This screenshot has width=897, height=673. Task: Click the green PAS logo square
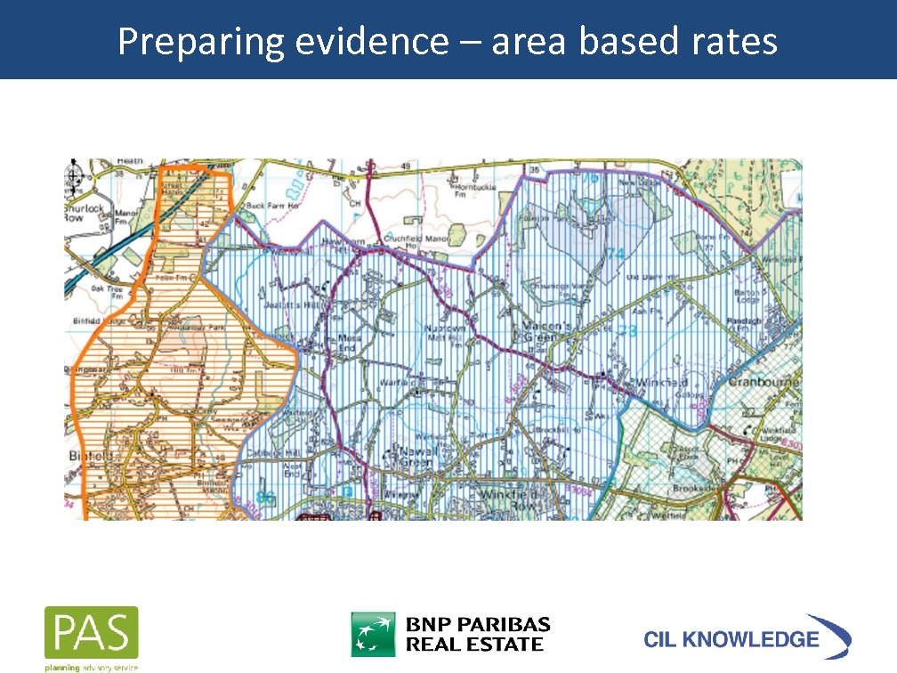point(92,633)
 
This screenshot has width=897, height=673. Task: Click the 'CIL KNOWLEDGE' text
point(731,638)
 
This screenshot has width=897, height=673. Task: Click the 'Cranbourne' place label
point(764,382)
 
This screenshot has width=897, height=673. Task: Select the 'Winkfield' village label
point(659,381)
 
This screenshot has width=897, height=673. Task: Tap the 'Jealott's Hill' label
point(303,304)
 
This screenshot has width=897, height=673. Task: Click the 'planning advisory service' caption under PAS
point(91,665)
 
